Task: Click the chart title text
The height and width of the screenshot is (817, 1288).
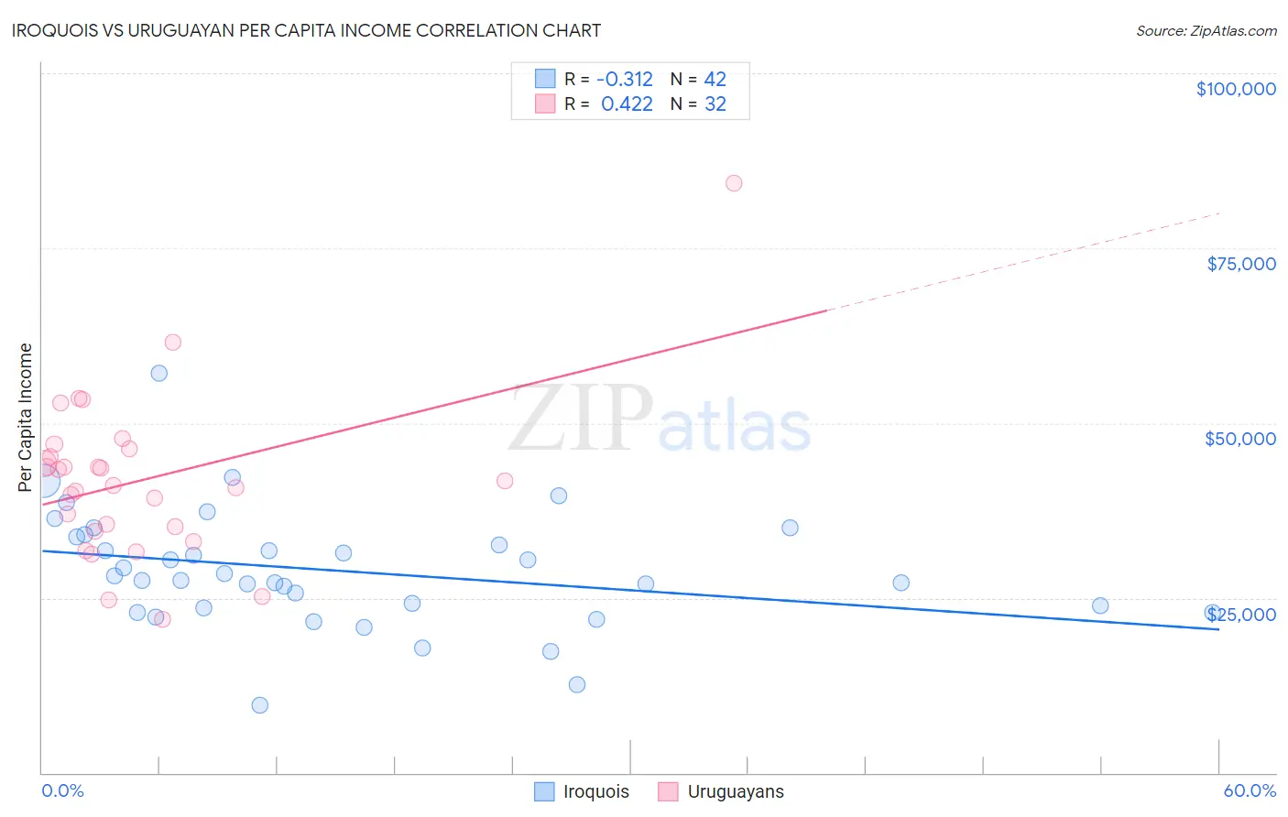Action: pos(306,30)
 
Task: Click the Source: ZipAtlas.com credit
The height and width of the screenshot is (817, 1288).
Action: pos(1206,31)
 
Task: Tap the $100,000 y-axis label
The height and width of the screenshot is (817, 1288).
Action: pos(1236,89)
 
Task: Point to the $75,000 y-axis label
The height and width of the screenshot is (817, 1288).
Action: pos(1241,264)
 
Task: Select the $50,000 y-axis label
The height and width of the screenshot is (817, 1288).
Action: pos(1240,439)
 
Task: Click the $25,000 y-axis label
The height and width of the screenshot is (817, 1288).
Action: pos(1240,615)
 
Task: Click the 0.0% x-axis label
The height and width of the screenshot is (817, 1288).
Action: pos(62,790)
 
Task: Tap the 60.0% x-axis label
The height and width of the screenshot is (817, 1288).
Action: pos(1250,790)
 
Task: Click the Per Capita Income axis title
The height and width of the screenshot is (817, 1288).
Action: pos(26,417)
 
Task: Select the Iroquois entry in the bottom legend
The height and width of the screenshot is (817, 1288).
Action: pos(595,791)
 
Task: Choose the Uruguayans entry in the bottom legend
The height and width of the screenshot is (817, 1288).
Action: pos(736,791)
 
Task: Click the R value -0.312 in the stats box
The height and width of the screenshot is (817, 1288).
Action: pos(625,80)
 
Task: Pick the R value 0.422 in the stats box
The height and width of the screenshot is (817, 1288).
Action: pos(627,104)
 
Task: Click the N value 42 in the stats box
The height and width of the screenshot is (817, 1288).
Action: pos(715,80)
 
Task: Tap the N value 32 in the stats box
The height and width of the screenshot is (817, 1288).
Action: pos(715,104)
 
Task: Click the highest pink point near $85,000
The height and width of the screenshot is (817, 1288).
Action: pos(734,183)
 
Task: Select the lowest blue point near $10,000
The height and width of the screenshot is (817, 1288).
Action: pos(260,705)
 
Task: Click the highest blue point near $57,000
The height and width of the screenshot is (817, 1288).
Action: pos(159,373)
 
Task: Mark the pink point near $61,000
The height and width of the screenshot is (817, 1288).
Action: pos(173,343)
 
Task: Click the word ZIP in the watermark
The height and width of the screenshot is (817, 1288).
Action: pos(581,419)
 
